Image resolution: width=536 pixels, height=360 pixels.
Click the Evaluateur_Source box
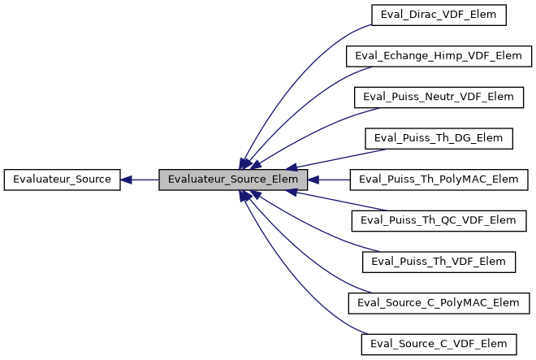pos(62,179)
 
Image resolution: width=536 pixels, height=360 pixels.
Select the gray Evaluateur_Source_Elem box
pos(233,179)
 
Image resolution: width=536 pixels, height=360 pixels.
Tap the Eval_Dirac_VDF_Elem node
pos(439,15)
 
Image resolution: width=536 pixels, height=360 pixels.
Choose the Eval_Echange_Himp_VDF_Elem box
pos(439,56)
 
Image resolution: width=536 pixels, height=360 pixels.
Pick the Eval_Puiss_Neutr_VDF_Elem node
pos(439,97)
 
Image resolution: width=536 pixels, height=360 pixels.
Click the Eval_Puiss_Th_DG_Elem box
pos(439,138)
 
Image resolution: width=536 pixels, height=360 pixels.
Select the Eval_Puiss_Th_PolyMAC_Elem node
pos(439,179)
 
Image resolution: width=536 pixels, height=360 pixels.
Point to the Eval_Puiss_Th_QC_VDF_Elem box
pos(439,220)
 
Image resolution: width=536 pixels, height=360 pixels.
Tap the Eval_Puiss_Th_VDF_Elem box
pos(439,261)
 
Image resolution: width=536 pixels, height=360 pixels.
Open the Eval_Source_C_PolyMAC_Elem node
pos(439,302)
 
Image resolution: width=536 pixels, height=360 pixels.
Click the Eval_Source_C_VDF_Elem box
pos(439,343)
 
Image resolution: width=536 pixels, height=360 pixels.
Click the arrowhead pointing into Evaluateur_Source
pos(127,179)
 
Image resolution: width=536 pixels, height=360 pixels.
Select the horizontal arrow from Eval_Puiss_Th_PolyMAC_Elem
pos(333,179)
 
